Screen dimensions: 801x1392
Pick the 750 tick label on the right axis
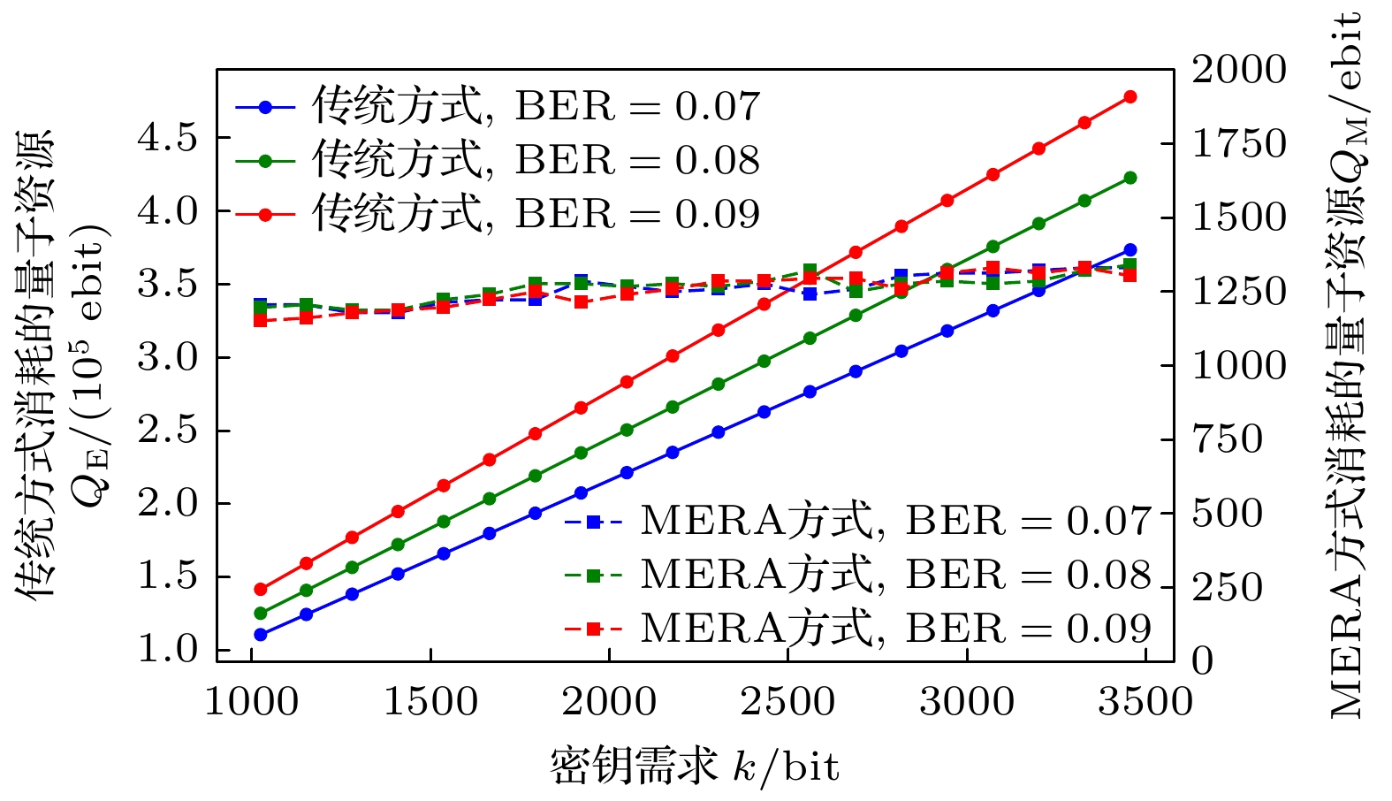tap(1228, 439)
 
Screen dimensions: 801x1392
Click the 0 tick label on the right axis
tap(1203, 661)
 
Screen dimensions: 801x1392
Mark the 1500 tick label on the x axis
tap(430, 703)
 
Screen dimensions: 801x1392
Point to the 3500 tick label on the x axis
tap(1145, 703)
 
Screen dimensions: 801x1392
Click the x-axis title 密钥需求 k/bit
tap(695, 767)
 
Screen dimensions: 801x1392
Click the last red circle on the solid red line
tap(1130, 97)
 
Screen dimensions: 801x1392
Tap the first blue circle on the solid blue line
tap(261, 635)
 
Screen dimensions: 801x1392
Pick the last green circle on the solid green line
tap(1130, 178)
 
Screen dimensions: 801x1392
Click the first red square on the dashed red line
tap(261, 320)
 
